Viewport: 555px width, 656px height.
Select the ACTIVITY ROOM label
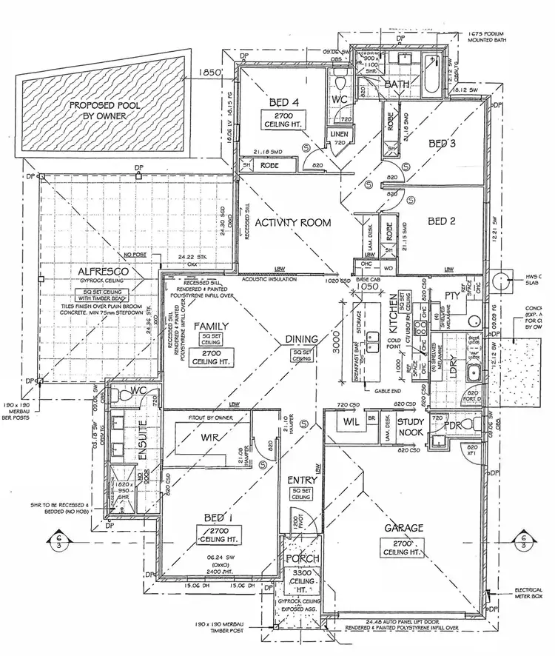292,222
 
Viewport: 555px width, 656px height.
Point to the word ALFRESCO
107,272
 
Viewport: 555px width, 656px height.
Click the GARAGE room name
403,528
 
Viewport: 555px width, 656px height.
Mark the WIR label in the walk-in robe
208,437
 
